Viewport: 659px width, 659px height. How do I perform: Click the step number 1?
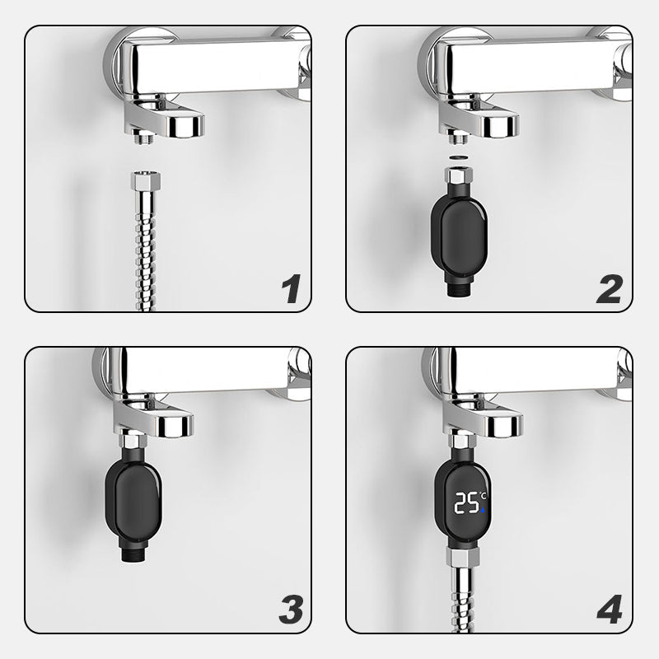click(x=292, y=288)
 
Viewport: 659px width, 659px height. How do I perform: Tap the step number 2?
click(x=610, y=289)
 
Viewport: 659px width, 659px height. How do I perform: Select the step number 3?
click(x=291, y=610)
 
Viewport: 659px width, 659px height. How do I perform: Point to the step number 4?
click(x=610, y=610)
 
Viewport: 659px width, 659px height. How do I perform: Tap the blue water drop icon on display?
click(x=483, y=510)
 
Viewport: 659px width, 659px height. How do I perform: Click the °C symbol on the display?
click(x=483, y=497)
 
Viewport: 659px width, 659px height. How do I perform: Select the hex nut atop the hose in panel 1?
click(x=145, y=180)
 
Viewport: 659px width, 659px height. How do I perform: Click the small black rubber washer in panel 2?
click(x=459, y=157)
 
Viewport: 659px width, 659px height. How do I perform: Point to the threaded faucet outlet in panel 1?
click(x=143, y=137)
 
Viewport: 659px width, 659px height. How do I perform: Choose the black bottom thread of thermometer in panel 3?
click(x=133, y=554)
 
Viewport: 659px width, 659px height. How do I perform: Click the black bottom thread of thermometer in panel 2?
click(x=459, y=289)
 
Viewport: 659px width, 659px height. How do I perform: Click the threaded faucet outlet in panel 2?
click(x=459, y=137)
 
